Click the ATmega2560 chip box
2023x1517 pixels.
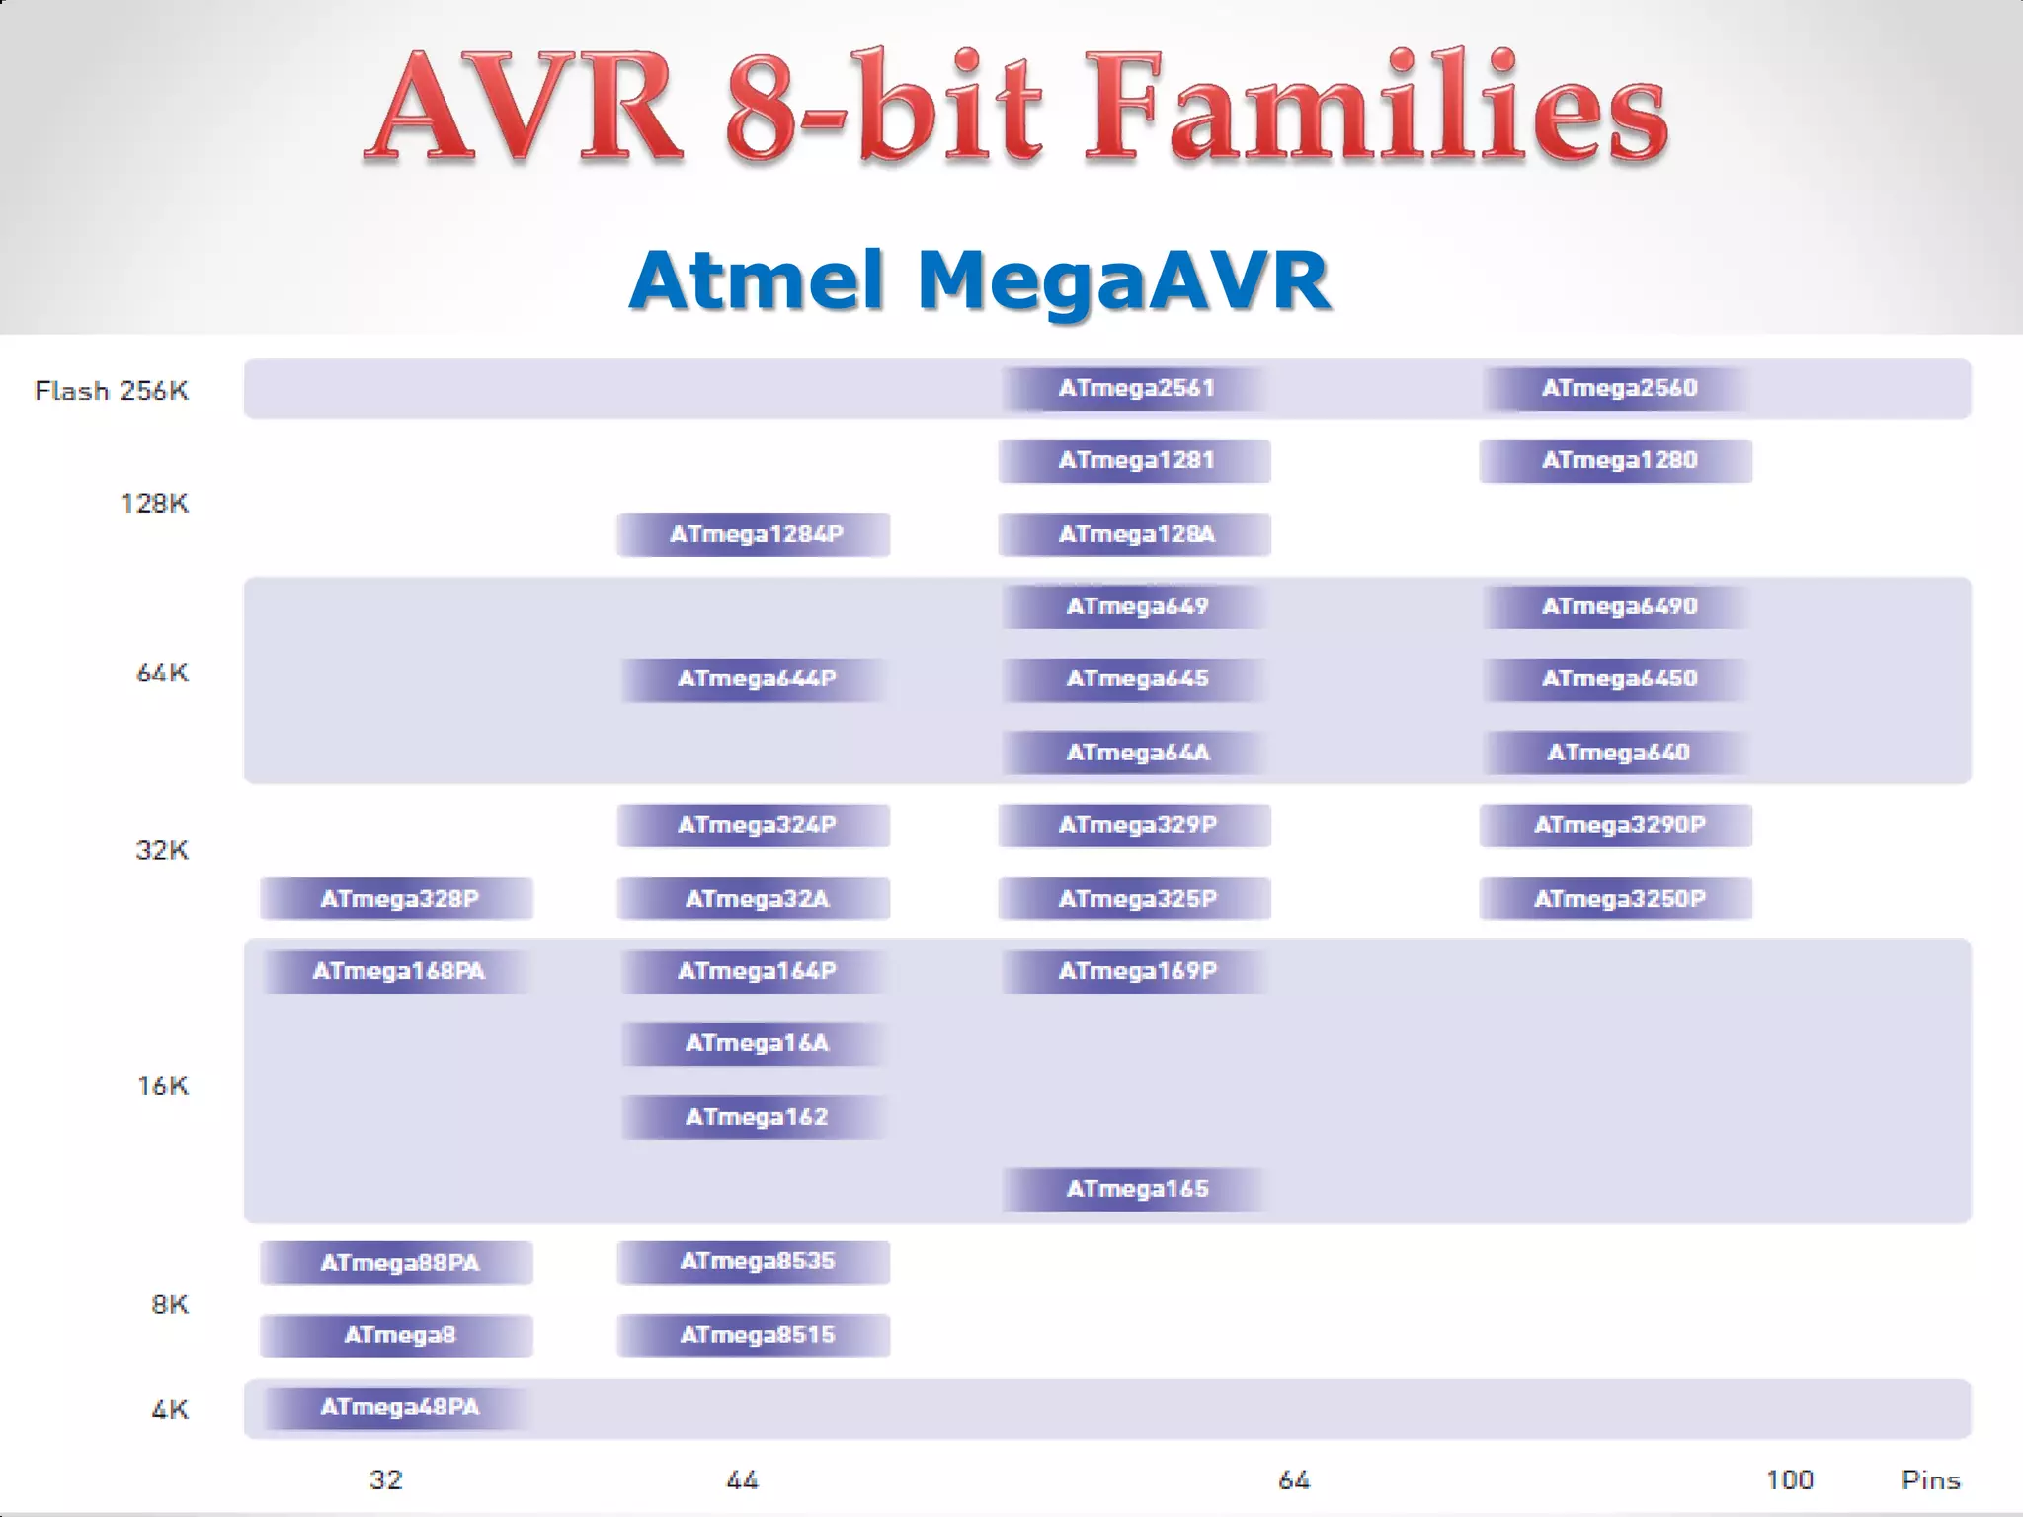[1618, 388]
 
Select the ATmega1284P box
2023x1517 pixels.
[755, 534]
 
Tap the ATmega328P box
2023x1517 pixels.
[397, 899]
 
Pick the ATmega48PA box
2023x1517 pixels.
[398, 1407]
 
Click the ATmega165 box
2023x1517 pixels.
[1136, 1189]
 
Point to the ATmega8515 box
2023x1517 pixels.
[755, 1335]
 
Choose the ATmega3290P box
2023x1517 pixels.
[1617, 825]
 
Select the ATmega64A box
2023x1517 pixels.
[1136, 753]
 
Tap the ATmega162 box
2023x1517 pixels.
[755, 1117]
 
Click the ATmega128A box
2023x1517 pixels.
[1135, 534]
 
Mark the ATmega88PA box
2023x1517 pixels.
[397, 1262]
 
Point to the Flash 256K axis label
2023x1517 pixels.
[112, 391]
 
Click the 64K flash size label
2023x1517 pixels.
[162, 674]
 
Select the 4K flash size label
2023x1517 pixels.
[170, 1409]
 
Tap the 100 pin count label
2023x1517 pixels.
[1790, 1479]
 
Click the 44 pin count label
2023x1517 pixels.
[742, 1479]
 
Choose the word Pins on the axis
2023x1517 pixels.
[1930, 1479]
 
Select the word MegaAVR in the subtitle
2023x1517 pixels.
[1123, 280]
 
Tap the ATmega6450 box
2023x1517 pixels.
[1618, 679]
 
